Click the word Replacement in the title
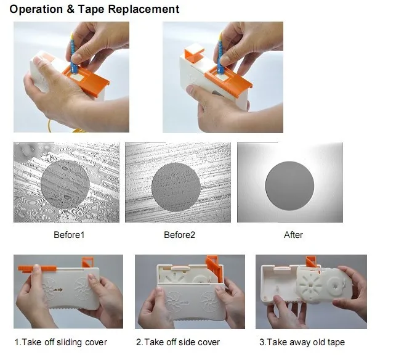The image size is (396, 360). pyautogui.click(x=143, y=10)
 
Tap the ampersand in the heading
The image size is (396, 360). pyautogui.click(x=71, y=9)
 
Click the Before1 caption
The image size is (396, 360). pyautogui.click(x=69, y=235)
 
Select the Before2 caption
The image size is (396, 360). pyautogui.click(x=179, y=235)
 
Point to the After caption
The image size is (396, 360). pyautogui.click(x=293, y=235)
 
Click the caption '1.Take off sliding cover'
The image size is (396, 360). pyautogui.click(x=61, y=342)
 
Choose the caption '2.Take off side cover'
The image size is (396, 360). pyautogui.click(x=178, y=342)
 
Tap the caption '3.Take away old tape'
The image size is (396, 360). pyautogui.click(x=302, y=342)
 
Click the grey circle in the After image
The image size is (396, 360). pyautogui.click(x=289, y=186)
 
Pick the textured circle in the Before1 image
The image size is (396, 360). pyautogui.click(x=65, y=184)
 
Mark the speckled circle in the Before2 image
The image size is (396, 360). pyautogui.click(x=176, y=187)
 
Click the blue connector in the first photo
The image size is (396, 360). pyautogui.click(x=73, y=55)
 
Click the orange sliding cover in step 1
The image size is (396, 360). pyautogui.click(x=38, y=269)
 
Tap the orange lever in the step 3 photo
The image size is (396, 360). pyautogui.click(x=312, y=263)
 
